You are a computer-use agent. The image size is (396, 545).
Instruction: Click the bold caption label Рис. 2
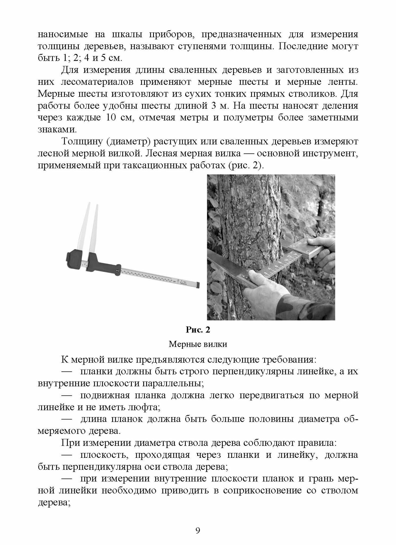click(x=198, y=330)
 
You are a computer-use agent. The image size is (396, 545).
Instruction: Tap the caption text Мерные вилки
click(x=198, y=344)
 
